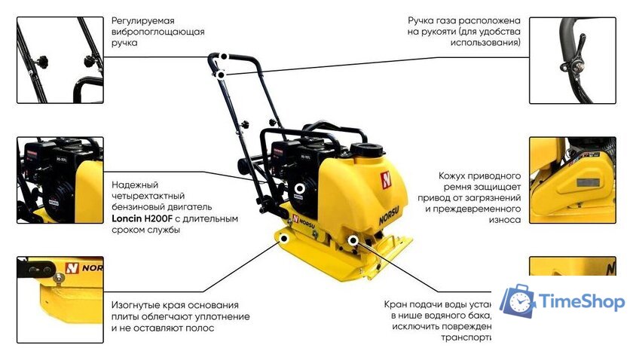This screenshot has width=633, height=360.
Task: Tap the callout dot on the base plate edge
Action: point(285,238)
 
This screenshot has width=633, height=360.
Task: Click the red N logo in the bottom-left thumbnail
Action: point(72,268)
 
